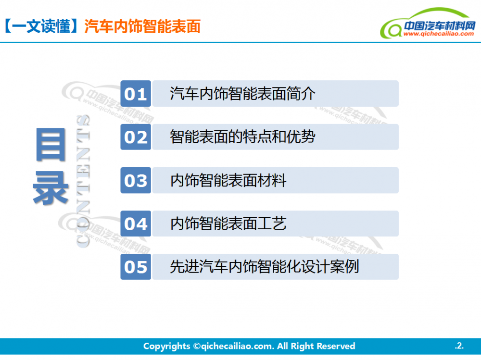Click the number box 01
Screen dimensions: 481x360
(x=136, y=94)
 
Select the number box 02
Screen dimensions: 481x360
(x=136, y=137)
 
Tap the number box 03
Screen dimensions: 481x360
(x=136, y=180)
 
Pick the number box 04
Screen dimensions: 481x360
(x=136, y=223)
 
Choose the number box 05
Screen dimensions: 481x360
(x=136, y=267)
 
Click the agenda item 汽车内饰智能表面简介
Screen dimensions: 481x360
(x=242, y=94)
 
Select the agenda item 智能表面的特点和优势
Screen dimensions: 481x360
(x=242, y=137)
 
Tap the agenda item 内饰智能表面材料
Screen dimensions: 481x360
(x=228, y=180)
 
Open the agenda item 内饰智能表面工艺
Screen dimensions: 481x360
(x=228, y=223)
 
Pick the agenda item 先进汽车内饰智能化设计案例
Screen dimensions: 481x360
(x=264, y=267)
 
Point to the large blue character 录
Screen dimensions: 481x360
(x=51, y=188)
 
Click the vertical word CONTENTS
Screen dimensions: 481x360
(x=83, y=181)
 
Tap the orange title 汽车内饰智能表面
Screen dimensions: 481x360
(x=142, y=26)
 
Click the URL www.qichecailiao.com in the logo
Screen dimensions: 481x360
(x=438, y=34)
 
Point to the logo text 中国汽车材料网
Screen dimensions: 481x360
(x=439, y=25)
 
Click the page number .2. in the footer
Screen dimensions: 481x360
(x=459, y=346)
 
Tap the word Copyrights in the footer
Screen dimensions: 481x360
(x=166, y=346)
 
